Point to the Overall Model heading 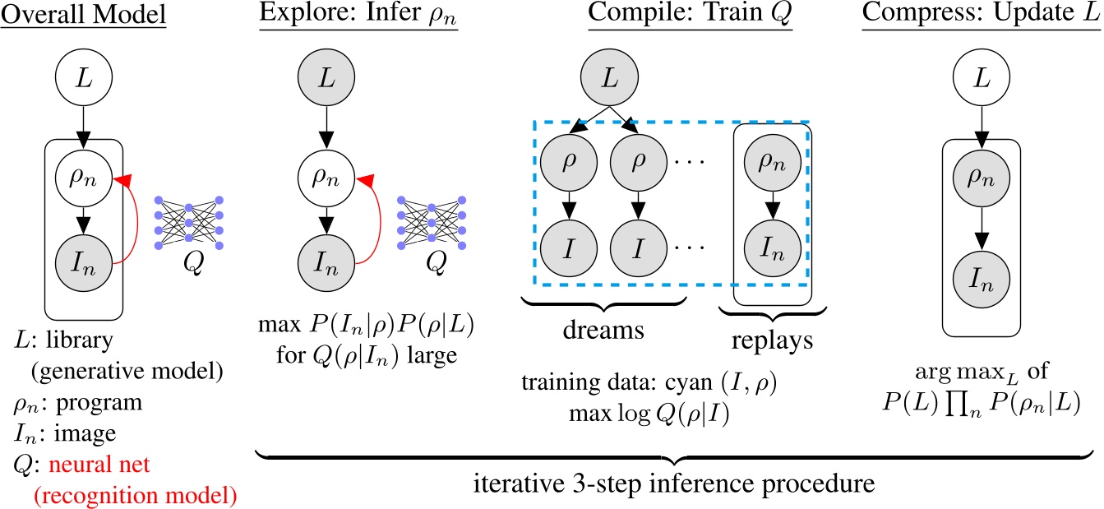84,16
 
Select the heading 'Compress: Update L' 978,16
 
